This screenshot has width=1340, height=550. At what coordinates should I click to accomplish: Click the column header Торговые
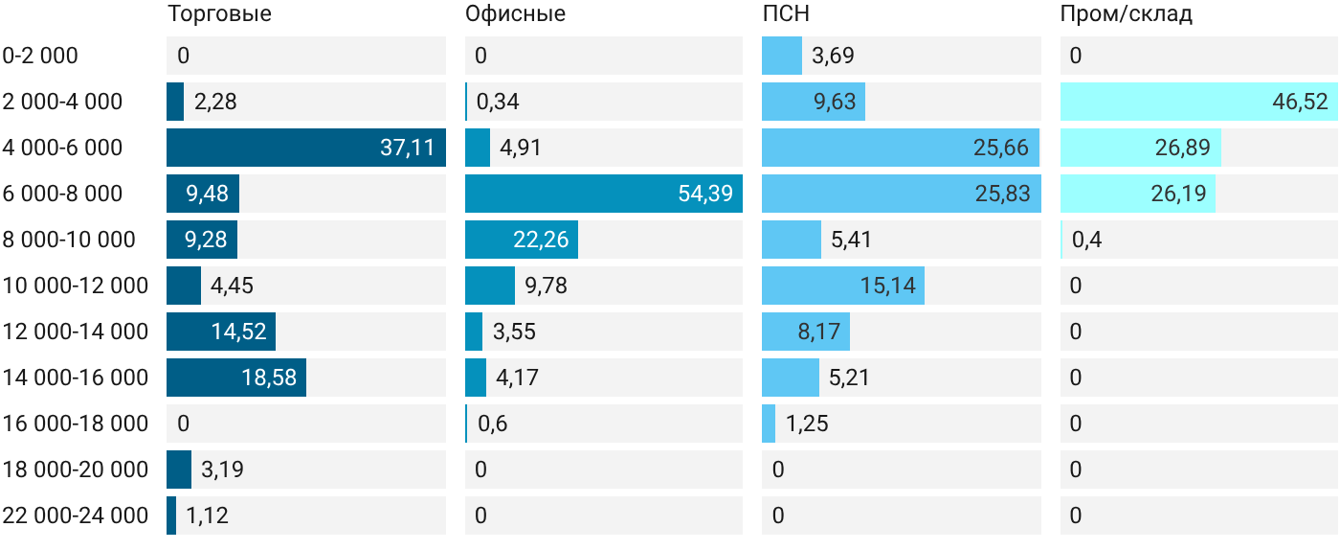coord(219,13)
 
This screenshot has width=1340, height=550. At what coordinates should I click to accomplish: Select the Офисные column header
coord(515,13)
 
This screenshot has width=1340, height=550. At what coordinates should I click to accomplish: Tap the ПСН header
coord(786,13)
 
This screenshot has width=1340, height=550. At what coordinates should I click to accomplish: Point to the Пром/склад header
coord(1127,13)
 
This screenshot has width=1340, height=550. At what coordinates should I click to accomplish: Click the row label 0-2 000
coord(40,56)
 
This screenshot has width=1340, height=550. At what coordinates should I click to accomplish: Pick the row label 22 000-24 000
coord(76,516)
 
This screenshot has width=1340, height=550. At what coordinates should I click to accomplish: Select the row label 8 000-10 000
coord(69,240)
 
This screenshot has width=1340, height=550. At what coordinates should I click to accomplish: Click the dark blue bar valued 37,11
coord(306,148)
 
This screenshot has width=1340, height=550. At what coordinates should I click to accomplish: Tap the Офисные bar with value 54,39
coord(604,194)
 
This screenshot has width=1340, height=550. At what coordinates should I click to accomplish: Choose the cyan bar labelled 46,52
coord(1198,102)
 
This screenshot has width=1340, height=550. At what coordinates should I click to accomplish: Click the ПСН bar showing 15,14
coord(843,286)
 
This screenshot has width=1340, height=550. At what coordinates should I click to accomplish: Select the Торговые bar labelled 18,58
coord(236,378)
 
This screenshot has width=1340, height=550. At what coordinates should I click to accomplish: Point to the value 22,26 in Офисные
coord(541,240)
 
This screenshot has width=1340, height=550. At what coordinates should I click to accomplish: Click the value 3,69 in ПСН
coord(833,56)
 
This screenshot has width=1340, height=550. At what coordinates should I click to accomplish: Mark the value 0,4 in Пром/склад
coord(1086,240)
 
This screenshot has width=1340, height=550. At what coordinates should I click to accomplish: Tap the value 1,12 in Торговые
coord(207,516)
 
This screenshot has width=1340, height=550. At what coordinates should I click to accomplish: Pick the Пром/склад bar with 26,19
coord(1138,194)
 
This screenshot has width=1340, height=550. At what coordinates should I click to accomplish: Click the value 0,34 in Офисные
coord(498,102)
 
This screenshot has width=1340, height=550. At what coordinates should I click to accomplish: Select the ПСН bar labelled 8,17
coord(806,332)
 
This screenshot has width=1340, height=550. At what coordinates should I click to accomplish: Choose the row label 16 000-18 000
coord(76,424)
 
